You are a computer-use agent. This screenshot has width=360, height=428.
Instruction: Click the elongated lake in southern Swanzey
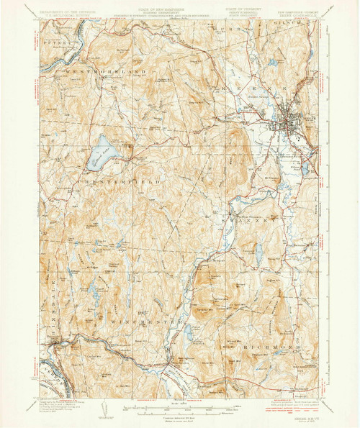258,253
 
